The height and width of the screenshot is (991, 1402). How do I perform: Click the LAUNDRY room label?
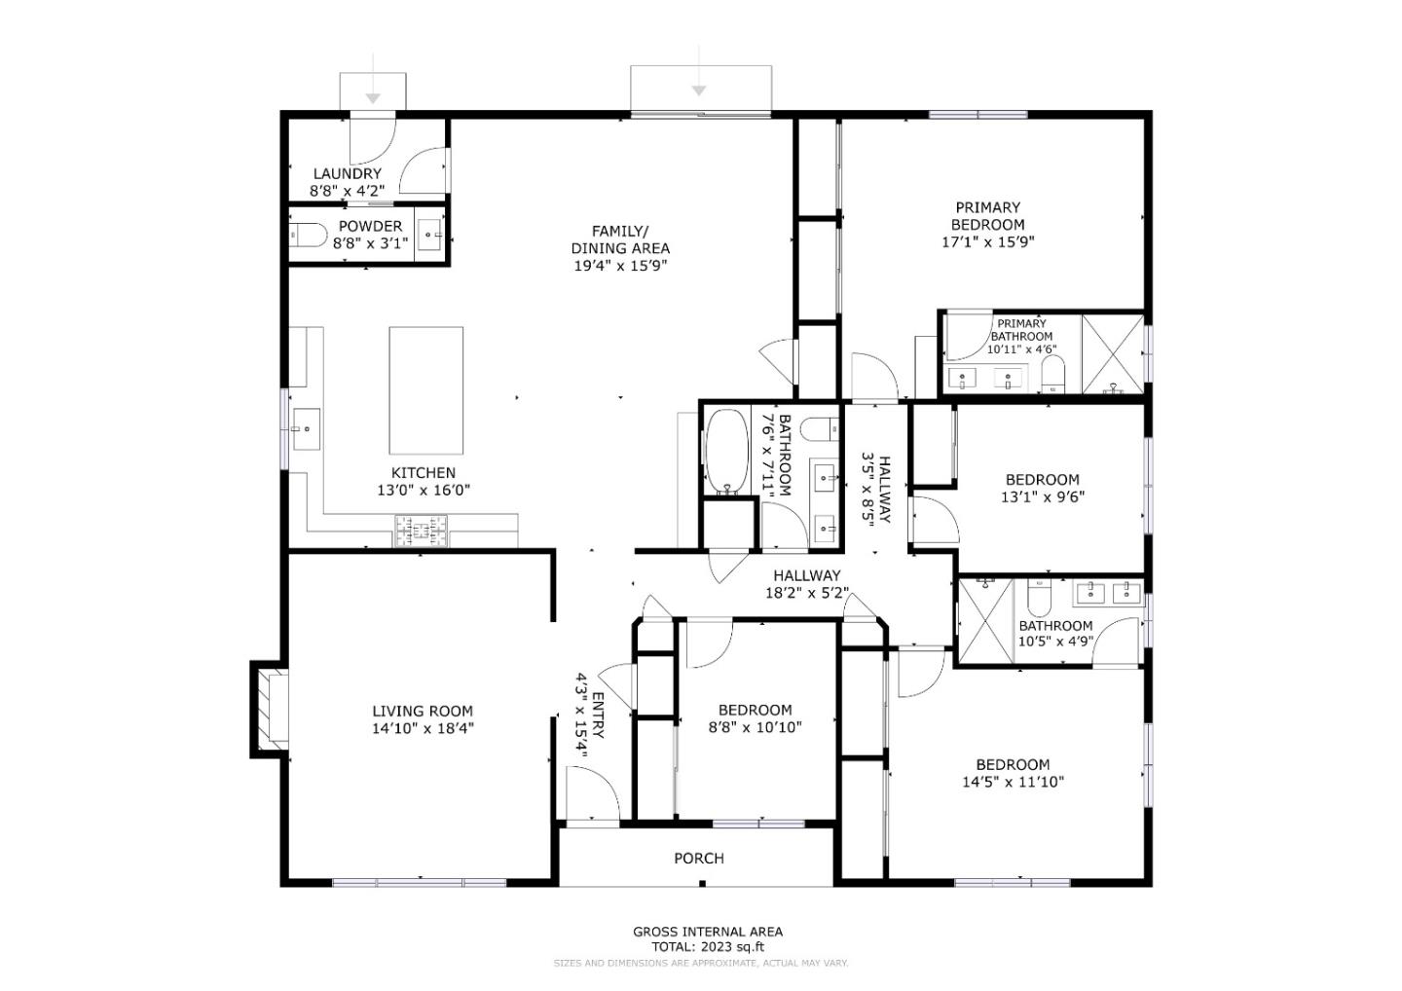[347, 174]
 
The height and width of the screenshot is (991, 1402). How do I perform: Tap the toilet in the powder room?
[309, 236]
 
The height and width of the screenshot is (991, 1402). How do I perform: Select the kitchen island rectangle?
[425, 389]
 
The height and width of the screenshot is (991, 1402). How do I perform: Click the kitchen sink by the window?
[306, 428]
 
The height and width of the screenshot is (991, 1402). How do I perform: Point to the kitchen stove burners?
[422, 532]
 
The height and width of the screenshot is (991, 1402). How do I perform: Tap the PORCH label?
[699, 859]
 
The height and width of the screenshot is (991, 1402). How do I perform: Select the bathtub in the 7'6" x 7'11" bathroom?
[726, 451]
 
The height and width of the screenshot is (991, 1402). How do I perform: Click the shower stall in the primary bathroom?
[1112, 354]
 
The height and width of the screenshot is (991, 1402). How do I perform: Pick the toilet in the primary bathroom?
[1052, 374]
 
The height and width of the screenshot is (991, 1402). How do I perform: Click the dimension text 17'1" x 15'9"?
[987, 242]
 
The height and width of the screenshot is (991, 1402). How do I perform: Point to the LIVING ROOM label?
[423, 712]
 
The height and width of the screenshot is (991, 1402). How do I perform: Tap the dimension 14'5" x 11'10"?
[1013, 782]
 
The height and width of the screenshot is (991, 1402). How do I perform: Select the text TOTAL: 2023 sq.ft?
[708, 946]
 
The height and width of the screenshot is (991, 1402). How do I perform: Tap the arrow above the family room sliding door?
[698, 90]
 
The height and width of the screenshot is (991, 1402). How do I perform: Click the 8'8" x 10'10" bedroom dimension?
[755, 727]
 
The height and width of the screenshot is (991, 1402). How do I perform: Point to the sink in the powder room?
[430, 236]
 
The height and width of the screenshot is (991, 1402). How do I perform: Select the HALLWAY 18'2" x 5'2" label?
[806, 584]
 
